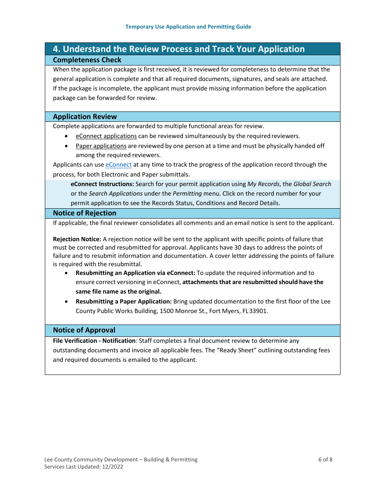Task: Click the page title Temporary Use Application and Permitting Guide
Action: click(x=188, y=27)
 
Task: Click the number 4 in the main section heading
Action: click(x=56, y=49)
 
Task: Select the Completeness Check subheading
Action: click(x=87, y=60)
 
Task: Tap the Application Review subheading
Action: click(x=85, y=117)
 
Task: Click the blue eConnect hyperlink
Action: click(x=118, y=165)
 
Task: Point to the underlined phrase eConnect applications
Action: click(x=106, y=136)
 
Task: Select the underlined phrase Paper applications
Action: click(x=101, y=146)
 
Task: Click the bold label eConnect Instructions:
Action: click(x=102, y=184)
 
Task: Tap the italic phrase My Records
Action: click(x=263, y=184)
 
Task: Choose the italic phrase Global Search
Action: click(x=312, y=184)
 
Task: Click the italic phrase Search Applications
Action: click(x=115, y=194)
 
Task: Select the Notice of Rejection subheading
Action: click(x=85, y=213)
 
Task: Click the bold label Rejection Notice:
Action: click(x=77, y=239)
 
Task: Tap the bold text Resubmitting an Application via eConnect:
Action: click(x=135, y=273)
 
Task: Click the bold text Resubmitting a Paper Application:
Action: click(x=124, y=302)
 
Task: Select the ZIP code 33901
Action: click(x=258, y=311)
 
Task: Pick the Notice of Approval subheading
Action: click(x=84, y=330)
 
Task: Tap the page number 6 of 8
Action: click(x=325, y=459)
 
